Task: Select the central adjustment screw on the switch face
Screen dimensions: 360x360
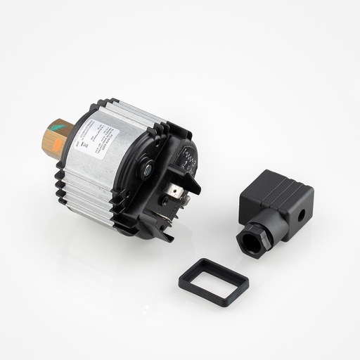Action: click(x=148, y=169)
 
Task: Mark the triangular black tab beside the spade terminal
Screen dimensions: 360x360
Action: click(x=194, y=186)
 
